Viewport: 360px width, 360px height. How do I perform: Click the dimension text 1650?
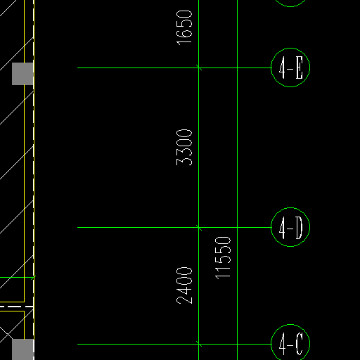click(x=184, y=27)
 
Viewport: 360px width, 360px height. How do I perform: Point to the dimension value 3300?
click(x=184, y=148)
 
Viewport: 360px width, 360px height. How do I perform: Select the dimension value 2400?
click(x=184, y=285)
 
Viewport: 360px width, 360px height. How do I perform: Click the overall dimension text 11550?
click(x=223, y=258)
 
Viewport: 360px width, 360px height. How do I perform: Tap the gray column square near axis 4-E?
click(x=22, y=74)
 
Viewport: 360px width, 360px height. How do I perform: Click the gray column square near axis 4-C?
click(x=22, y=349)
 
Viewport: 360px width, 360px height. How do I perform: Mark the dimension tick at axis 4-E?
click(x=199, y=67)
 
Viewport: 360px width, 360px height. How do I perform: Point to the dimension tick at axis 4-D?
click(x=199, y=227)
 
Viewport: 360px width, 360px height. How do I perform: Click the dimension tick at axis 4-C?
click(x=199, y=344)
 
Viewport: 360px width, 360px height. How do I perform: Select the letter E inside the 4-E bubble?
click(x=300, y=67)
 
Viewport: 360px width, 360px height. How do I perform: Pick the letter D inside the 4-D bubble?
click(x=299, y=228)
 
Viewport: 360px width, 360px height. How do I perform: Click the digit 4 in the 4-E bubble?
click(x=282, y=67)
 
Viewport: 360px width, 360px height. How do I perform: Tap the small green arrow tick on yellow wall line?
click(x=33, y=278)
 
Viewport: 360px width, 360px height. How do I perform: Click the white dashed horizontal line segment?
click(x=16, y=307)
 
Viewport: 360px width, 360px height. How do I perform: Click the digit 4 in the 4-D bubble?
click(x=282, y=228)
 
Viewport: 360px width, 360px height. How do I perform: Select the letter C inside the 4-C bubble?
click(x=300, y=344)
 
